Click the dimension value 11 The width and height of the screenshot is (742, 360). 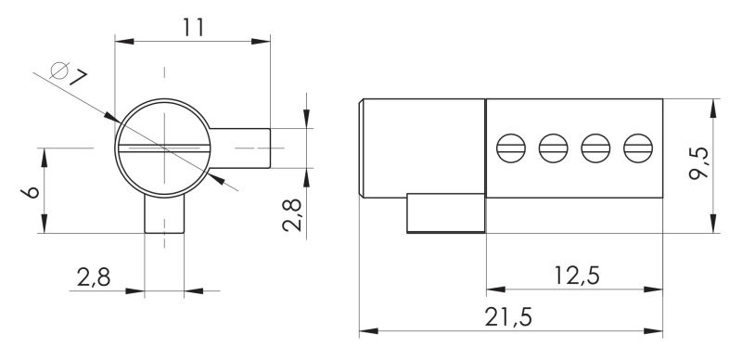[194, 28]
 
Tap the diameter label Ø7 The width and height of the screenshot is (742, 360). [69, 73]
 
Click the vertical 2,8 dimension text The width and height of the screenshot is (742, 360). [292, 214]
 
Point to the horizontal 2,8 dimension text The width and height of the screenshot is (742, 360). [94, 277]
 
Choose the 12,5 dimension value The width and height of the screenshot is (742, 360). [577, 276]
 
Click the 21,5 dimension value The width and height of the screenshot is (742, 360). [508, 317]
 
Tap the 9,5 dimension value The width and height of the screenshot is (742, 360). [699, 163]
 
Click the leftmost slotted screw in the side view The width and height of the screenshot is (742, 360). [511, 148]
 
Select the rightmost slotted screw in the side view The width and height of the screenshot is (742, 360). [638, 148]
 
